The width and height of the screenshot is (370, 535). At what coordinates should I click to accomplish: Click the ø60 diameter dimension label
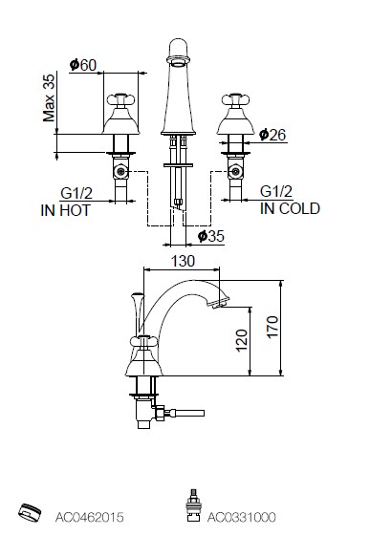[83, 65]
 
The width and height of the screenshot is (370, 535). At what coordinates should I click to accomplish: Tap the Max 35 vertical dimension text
[49, 97]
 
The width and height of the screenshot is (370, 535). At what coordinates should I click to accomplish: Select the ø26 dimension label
[272, 135]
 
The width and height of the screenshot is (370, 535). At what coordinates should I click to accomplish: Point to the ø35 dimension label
[211, 236]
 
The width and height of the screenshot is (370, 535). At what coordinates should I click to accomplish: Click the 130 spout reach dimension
[183, 262]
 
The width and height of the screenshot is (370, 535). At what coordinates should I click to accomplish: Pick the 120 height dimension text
[241, 340]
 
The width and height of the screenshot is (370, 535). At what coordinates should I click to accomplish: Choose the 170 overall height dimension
[272, 327]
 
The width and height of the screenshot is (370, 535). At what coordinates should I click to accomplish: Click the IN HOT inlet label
[66, 210]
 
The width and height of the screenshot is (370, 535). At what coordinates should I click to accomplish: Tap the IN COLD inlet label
[290, 208]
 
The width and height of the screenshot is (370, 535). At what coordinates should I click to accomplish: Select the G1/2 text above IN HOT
[76, 193]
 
